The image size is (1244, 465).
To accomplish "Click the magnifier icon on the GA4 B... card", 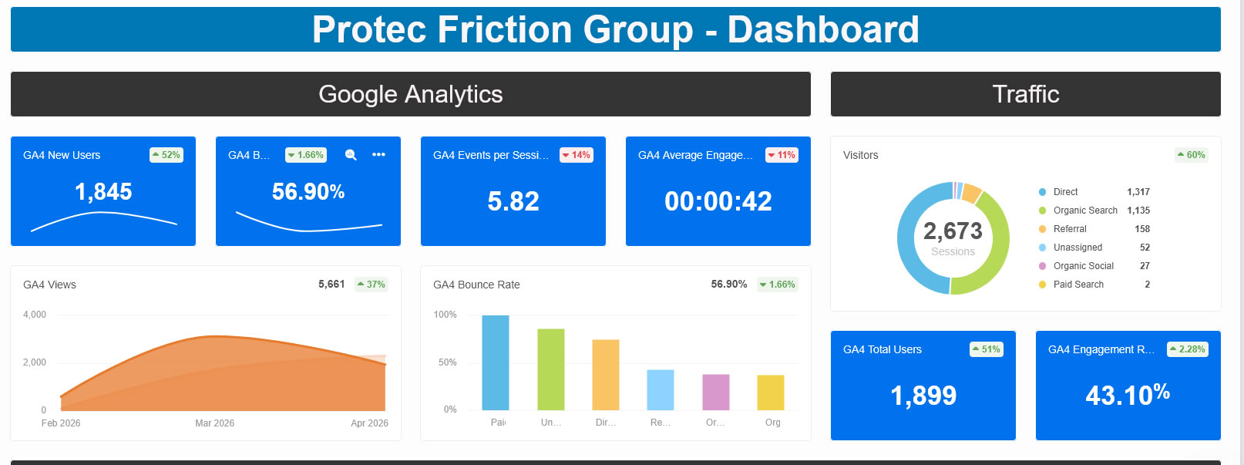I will (351, 155).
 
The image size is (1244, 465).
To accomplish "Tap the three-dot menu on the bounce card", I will (378, 155).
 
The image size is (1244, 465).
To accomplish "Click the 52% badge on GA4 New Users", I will (166, 155).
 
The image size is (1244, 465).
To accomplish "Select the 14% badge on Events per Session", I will (577, 155).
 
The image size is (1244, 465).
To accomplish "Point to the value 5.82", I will (513, 201).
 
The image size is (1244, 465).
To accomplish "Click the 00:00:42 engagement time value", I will (718, 201).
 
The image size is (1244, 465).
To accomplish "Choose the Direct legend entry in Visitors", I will (1065, 192).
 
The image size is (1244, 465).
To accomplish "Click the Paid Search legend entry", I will (1078, 285).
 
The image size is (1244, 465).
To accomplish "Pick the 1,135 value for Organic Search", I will (1138, 211).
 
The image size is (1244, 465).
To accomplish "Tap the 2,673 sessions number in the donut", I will (953, 231).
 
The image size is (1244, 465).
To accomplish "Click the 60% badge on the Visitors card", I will (1192, 155).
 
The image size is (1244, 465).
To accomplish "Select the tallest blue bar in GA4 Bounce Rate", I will (496, 362).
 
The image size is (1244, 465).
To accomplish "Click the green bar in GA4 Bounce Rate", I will (551, 369).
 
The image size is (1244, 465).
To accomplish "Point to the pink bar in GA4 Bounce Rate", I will (716, 392).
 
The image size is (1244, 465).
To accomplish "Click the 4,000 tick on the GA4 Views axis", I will (35, 315).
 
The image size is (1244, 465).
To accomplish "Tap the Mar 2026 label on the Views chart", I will (214, 423).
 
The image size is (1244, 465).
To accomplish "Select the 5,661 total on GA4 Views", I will (331, 285).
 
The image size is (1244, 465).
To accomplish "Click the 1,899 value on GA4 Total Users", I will (923, 396).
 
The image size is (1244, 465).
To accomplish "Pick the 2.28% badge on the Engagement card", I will (1188, 349).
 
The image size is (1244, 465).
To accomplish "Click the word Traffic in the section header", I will (1026, 94).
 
